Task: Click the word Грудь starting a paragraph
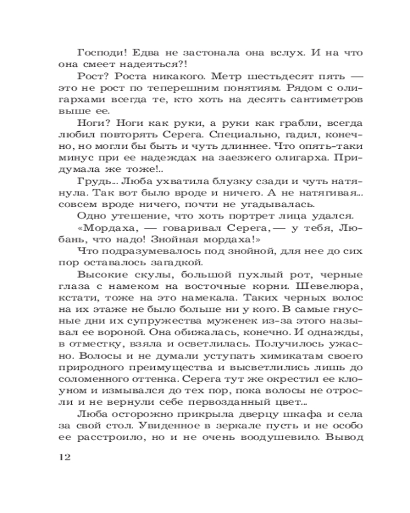coord(92,182)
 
